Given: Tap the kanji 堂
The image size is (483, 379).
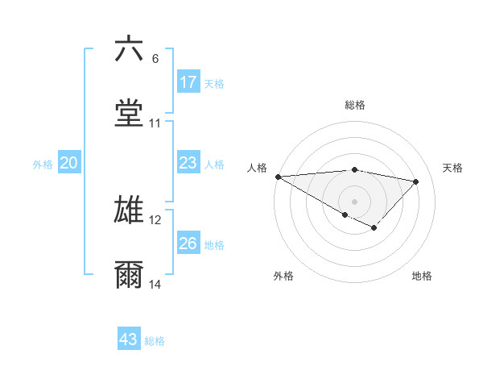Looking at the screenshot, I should (130, 113).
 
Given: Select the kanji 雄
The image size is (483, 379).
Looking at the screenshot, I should (130, 209).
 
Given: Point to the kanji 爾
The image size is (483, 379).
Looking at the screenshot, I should (130, 274).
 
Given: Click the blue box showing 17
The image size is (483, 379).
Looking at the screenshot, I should (188, 82).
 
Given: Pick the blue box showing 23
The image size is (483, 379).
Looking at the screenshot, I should (188, 163).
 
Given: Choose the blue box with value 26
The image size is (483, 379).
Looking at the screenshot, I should (188, 244).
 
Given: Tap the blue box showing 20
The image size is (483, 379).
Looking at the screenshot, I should (69, 163).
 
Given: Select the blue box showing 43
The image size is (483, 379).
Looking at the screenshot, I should (129, 339).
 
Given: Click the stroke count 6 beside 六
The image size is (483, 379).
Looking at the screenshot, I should (155, 59).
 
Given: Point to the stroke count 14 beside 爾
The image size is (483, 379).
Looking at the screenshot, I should (155, 285).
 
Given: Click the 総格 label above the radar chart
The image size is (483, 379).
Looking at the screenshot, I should (355, 105).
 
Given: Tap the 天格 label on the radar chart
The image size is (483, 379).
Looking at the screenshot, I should (453, 168).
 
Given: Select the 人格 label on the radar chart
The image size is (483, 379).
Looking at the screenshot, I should (258, 168).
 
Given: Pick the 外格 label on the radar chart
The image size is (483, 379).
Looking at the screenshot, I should (283, 276).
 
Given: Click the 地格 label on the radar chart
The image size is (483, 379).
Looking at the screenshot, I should (422, 276).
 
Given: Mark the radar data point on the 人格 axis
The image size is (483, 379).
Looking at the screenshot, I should (278, 177).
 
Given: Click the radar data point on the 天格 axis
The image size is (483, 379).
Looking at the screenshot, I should (416, 181).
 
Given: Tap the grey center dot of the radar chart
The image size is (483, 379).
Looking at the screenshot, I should (354, 201).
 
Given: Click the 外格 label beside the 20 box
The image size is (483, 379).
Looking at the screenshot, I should (43, 164).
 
